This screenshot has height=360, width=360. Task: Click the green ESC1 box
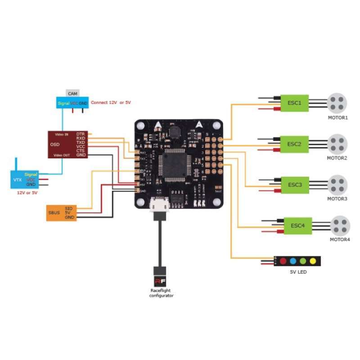click(x=295, y=102)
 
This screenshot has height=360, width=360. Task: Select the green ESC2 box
click(x=295, y=144)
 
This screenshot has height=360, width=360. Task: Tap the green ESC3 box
click(x=295, y=184)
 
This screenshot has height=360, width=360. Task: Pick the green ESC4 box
click(x=298, y=225)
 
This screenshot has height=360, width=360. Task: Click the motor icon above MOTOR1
click(x=337, y=103)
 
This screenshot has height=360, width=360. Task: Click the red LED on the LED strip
click(x=283, y=261)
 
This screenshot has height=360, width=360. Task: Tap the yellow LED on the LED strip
click(x=312, y=261)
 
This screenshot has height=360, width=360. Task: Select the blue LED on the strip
click(x=292, y=261)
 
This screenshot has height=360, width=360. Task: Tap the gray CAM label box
click(x=72, y=93)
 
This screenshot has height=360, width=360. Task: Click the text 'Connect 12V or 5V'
click(x=111, y=103)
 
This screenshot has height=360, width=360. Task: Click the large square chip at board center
click(x=173, y=165)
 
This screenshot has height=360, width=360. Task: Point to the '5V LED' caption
click(x=299, y=272)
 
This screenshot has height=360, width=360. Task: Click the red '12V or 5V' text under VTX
click(x=27, y=192)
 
